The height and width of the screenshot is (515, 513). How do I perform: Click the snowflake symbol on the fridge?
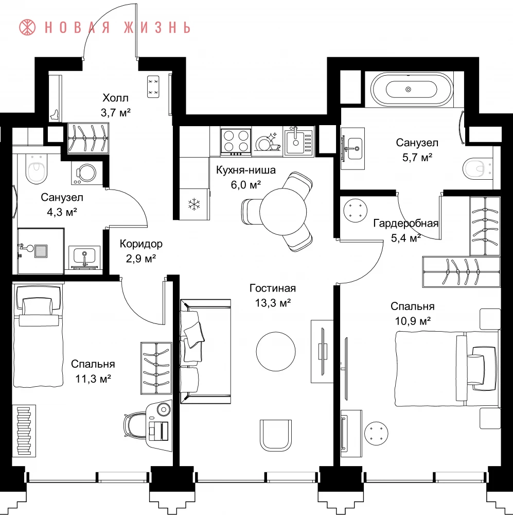[x=194, y=204]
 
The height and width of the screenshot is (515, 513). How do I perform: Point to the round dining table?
[x=283, y=211]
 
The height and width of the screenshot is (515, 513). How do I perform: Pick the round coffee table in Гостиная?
[x=276, y=350]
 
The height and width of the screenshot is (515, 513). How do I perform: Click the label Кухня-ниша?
[x=246, y=170]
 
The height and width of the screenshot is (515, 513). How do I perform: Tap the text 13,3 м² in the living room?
[x=273, y=302]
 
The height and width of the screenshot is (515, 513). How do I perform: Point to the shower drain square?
[x=41, y=251]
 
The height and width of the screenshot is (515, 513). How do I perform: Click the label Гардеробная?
[x=405, y=224]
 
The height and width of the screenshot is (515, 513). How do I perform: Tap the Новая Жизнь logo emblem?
[x=27, y=27]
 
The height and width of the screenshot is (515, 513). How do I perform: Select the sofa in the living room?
[x=205, y=351]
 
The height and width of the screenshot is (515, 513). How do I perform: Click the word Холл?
[x=115, y=98]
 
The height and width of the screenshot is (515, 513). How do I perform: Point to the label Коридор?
[x=141, y=244]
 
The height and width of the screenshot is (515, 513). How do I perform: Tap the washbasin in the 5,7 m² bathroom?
[x=353, y=149]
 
